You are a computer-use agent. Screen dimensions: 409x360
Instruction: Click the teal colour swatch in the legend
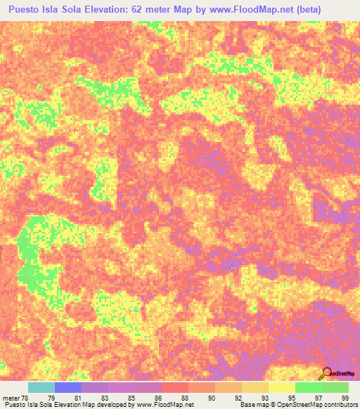pos(41,387)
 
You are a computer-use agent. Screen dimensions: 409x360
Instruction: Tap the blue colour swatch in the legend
pos(68,387)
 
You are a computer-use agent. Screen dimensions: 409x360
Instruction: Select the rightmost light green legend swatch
pos(335,387)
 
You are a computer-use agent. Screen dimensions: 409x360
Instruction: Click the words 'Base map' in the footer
pos(252,405)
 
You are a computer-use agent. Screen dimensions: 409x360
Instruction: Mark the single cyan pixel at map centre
pos(231,267)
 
